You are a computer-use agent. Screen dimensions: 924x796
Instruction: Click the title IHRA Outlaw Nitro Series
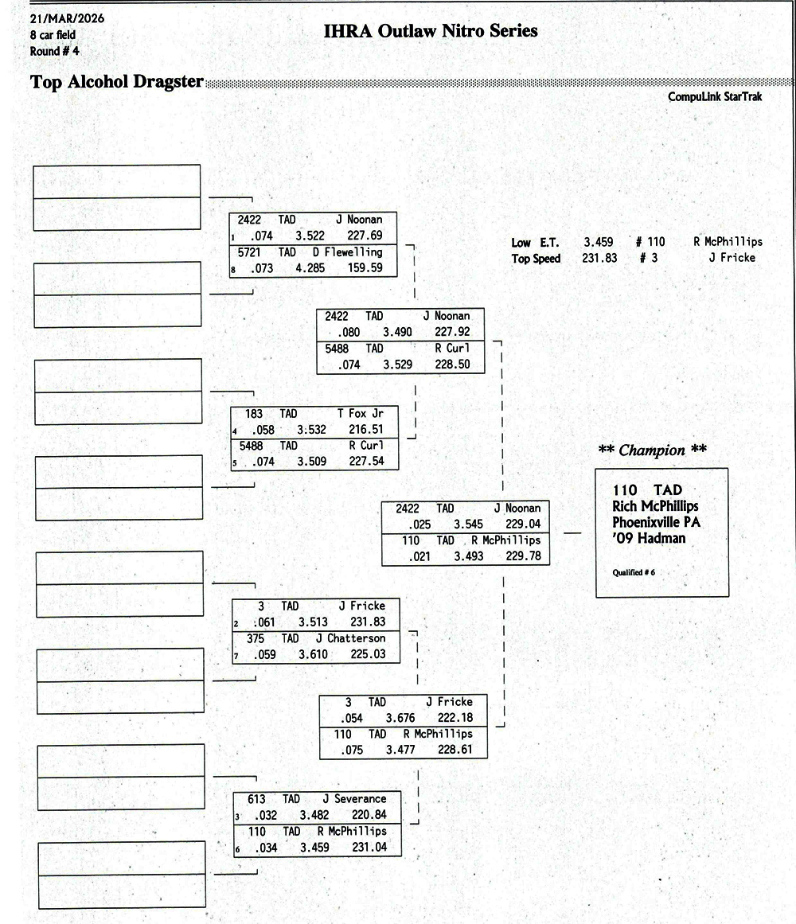(431, 31)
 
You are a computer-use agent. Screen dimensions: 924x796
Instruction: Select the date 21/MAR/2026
(67, 18)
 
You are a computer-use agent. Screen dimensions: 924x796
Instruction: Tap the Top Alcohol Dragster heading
(116, 82)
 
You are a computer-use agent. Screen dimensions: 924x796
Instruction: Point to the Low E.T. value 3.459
(599, 242)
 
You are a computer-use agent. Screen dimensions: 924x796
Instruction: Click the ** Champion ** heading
(652, 450)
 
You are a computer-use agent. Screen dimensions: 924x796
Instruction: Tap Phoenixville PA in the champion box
(657, 522)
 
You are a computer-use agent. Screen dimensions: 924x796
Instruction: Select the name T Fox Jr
(360, 414)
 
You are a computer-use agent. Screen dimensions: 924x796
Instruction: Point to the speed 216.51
(365, 430)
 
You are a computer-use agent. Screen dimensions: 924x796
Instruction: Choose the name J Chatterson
(350, 638)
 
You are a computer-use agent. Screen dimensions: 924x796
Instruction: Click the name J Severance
(354, 799)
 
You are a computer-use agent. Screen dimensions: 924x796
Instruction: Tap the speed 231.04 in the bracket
(369, 848)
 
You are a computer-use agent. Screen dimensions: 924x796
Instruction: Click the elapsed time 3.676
(400, 718)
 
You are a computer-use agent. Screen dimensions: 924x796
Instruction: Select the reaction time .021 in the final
(419, 556)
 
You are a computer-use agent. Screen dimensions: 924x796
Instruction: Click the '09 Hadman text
(649, 538)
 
